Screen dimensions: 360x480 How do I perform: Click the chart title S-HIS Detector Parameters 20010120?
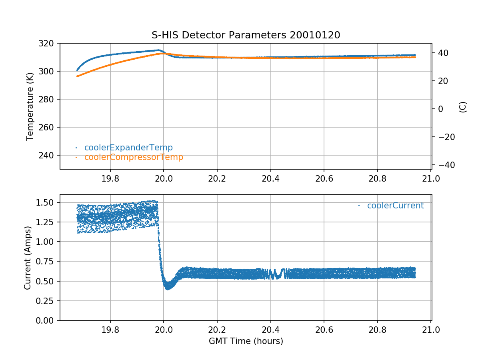tap(246, 35)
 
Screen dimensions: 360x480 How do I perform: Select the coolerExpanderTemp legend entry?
tap(128, 148)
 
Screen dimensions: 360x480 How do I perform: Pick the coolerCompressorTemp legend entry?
tap(134, 157)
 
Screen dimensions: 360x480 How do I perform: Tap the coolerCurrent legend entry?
tap(395, 206)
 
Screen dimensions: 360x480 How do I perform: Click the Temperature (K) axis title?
tap(30, 106)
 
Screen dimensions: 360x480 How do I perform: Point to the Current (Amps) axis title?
tap(27, 258)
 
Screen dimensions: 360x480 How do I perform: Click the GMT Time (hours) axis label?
tap(246, 341)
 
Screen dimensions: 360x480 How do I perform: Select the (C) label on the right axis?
tap(463, 107)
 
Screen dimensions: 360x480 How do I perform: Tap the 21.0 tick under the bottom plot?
tap(431, 330)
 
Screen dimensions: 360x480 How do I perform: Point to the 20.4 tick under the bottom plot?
tap(270, 330)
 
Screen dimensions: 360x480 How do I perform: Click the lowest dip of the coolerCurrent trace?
tap(168, 288)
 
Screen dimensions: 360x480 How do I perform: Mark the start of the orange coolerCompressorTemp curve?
tap(77, 76)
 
